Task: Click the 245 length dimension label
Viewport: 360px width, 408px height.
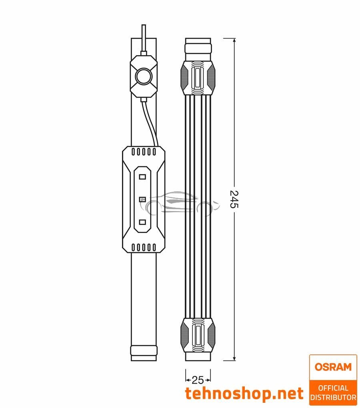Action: (234, 199)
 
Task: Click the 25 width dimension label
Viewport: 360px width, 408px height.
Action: (198, 380)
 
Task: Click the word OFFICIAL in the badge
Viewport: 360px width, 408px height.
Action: (333, 388)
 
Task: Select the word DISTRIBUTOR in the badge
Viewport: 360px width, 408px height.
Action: (333, 398)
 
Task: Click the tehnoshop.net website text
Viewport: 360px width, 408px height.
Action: (244, 394)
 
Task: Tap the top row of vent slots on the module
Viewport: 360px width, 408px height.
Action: (143, 152)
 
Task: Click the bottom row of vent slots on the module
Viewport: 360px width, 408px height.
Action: (143, 247)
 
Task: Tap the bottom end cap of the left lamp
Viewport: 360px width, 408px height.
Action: (143, 353)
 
